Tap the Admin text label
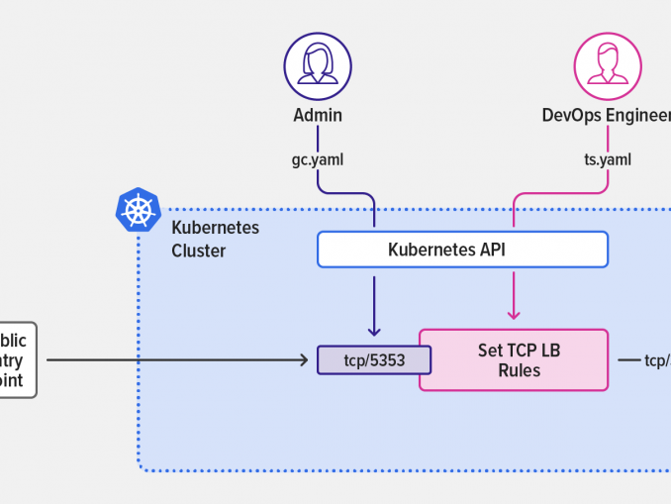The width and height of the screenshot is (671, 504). [x=318, y=115]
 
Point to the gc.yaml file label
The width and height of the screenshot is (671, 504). [x=317, y=158]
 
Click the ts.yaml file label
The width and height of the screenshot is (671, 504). [x=608, y=158]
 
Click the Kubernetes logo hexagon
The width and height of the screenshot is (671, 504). [x=138, y=209]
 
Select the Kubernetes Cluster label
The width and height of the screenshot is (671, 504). [x=215, y=239]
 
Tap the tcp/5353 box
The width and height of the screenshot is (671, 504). [x=374, y=359]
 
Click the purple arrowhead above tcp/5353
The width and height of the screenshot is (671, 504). [x=374, y=332]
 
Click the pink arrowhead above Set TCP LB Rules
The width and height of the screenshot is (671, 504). [x=514, y=315]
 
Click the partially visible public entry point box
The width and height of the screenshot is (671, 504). [x=18, y=359]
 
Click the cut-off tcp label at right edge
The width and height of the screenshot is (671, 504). [x=656, y=360]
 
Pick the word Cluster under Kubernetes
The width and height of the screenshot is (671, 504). [x=199, y=251]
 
